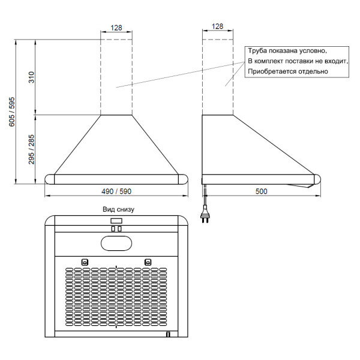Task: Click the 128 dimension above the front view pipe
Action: coord(116,28)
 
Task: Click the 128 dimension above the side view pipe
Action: coord(217,26)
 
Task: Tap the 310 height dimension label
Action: coord(31,77)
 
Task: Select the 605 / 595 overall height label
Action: coord(12,112)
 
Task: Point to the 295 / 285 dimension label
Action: coord(31,149)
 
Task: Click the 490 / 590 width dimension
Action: coord(116,191)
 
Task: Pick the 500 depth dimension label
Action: coord(261,191)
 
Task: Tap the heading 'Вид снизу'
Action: coord(118,209)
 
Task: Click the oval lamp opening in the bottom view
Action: coord(116,244)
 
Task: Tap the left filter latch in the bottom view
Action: coord(85,262)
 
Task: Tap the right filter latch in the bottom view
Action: coord(148,262)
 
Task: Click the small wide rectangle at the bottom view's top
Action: coord(116,221)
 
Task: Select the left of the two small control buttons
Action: coord(113,229)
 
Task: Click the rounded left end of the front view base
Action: coord(50,179)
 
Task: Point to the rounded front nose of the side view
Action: coord(317,179)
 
